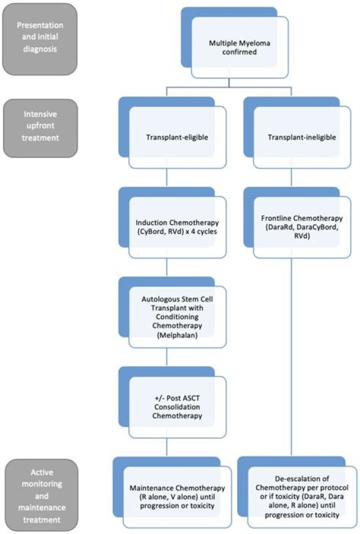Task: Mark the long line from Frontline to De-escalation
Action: [x=291, y=350]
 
